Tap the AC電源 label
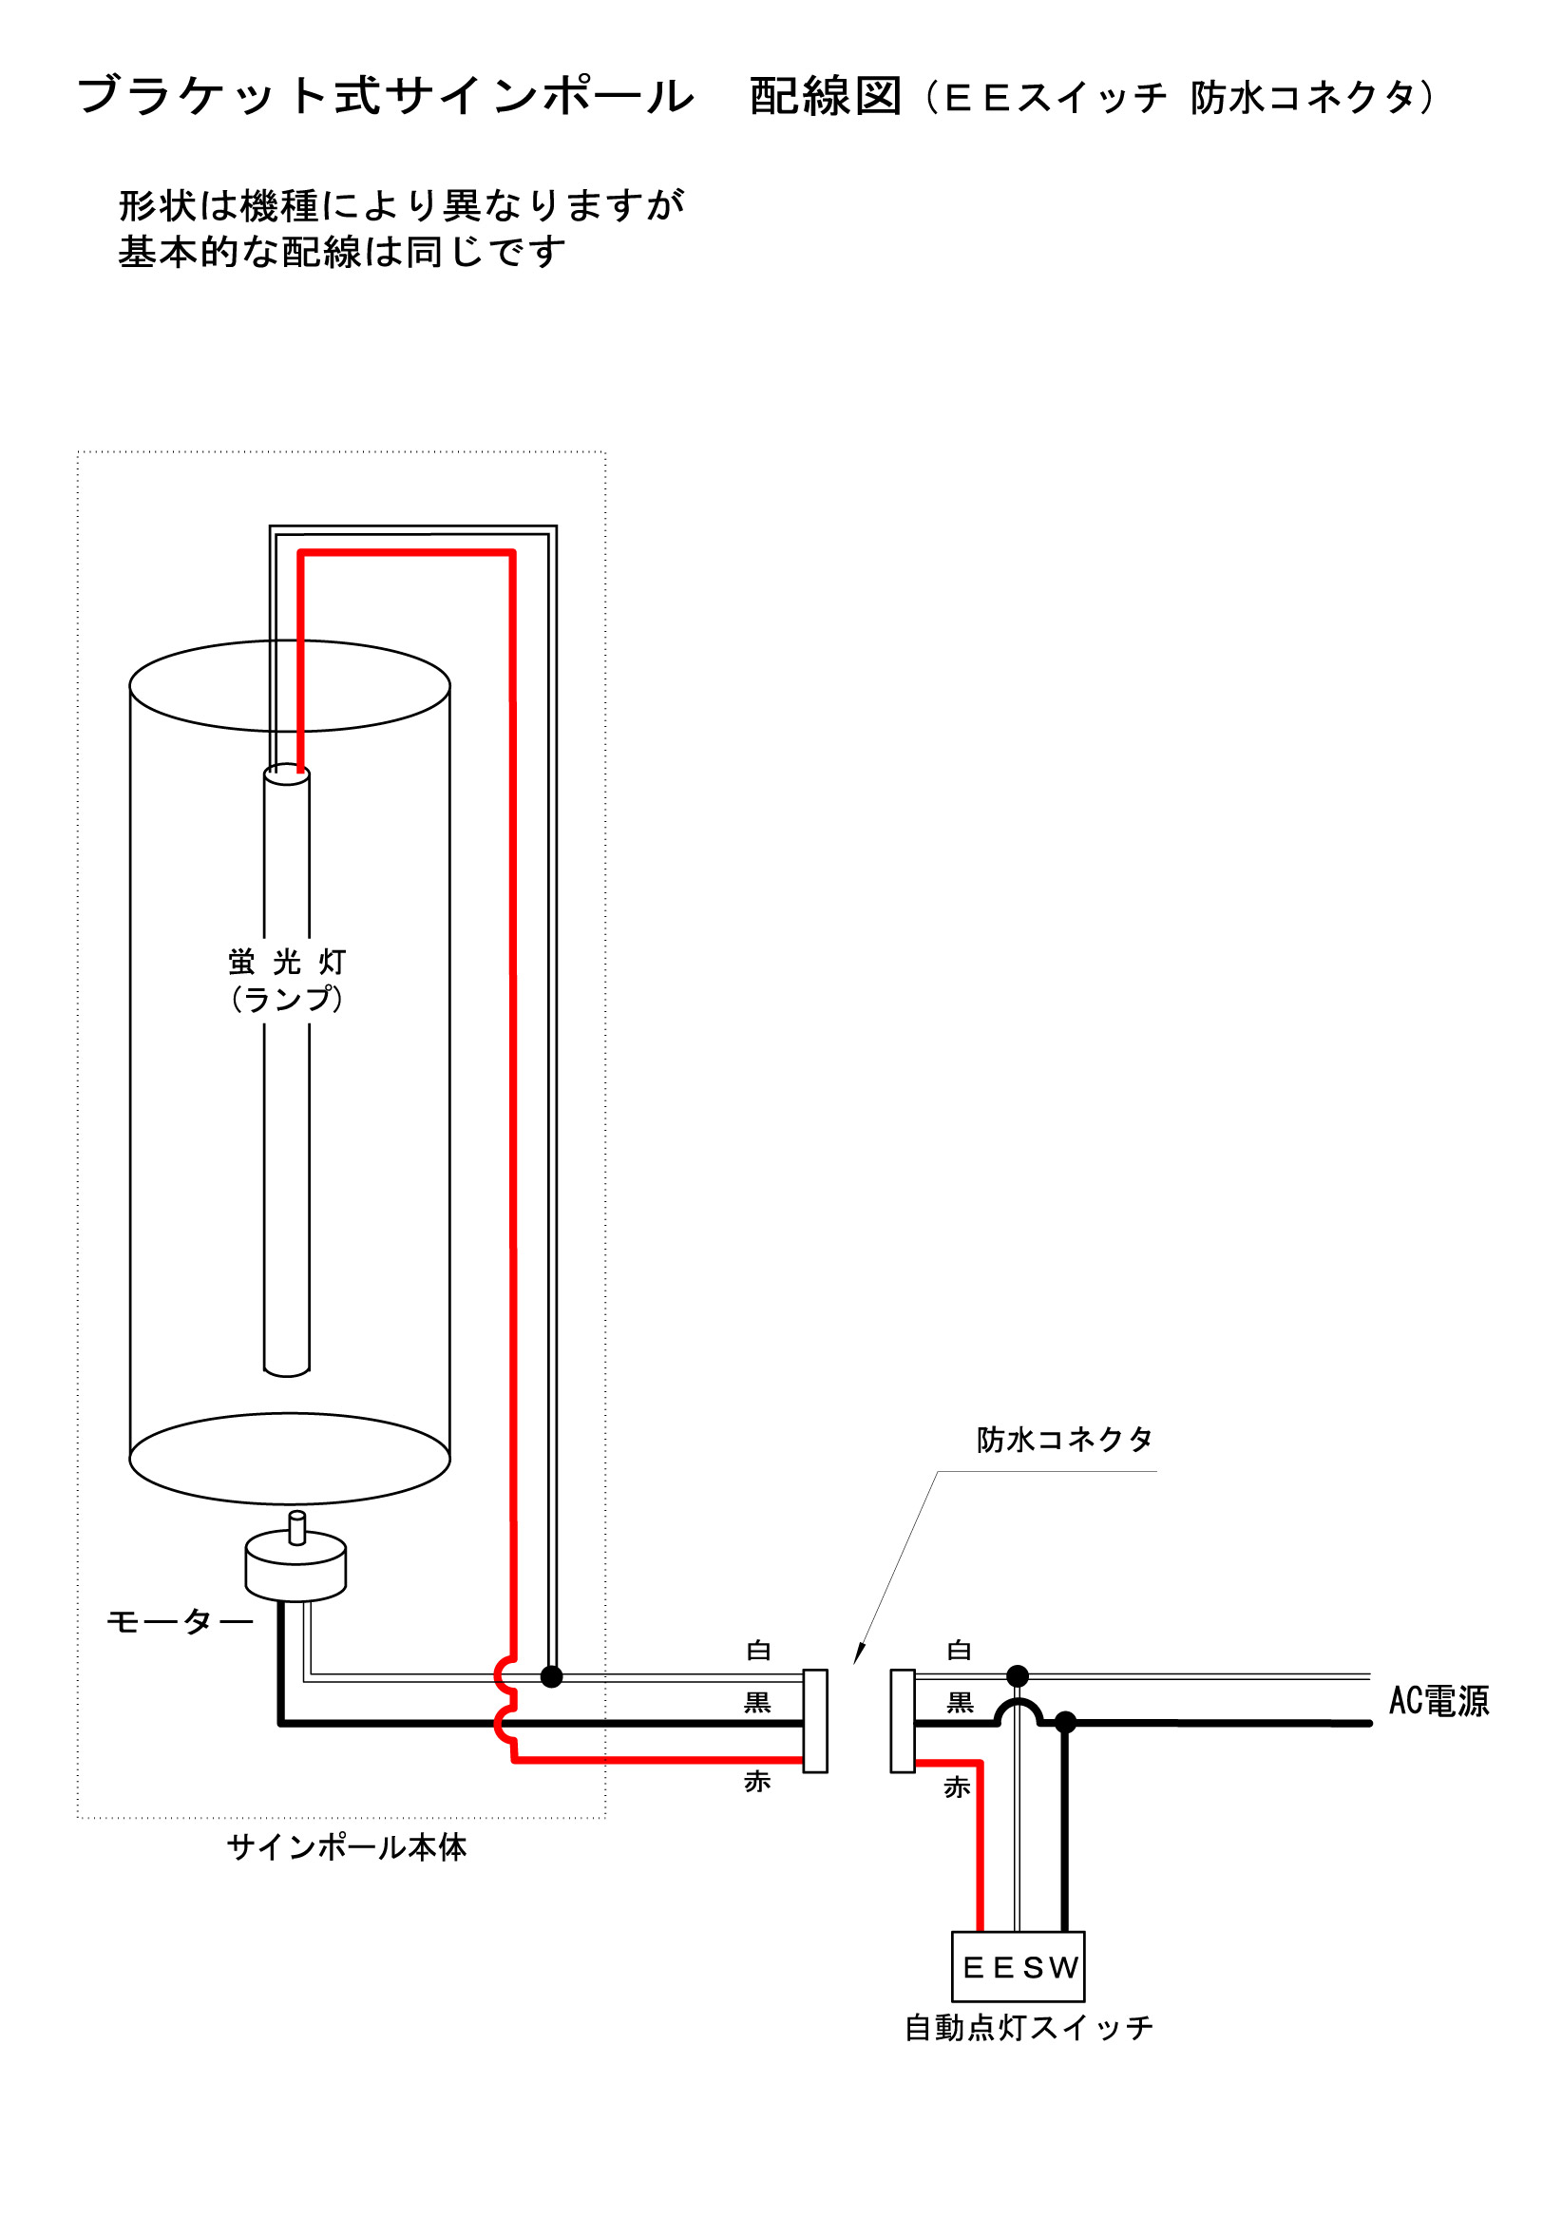[x=1438, y=1700]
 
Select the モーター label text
[x=180, y=1621]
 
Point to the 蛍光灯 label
[x=287, y=962]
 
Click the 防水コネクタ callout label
[x=1064, y=1440]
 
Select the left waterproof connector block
[x=815, y=1721]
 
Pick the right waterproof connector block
[x=902, y=1721]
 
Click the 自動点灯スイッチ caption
[x=1028, y=2028]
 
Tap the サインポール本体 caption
[x=347, y=1847]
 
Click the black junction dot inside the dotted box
[x=551, y=1676]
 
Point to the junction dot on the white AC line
[x=1018, y=1675]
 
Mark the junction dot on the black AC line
[x=1065, y=1723]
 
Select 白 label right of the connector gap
[x=959, y=1651]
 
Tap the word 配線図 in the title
[x=826, y=97]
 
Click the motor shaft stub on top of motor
[x=297, y=1527]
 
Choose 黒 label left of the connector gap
[x=757, y=1702]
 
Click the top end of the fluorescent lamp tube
[x=287, y=774]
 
